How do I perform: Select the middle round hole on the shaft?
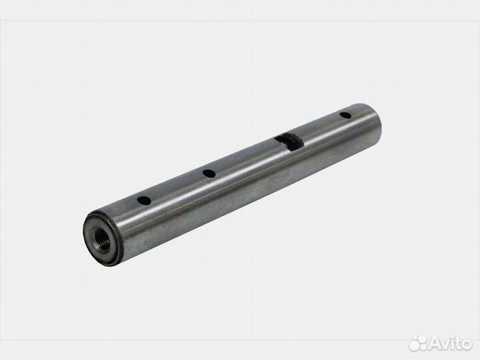209,173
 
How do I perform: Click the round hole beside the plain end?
345,115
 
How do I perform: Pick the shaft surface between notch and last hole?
319,133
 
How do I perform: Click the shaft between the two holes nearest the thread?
176,190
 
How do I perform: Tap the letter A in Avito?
435,343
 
